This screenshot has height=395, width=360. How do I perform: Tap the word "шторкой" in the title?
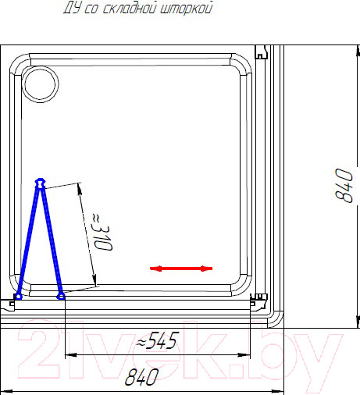point(187,8)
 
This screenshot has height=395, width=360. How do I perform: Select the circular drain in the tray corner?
point(40,84)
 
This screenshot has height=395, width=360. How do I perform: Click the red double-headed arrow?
point(181,269)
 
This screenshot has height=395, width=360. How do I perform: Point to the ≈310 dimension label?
point(102,232)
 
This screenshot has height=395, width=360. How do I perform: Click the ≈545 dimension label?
point(158,340)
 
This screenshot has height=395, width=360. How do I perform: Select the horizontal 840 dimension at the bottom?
point(141,377)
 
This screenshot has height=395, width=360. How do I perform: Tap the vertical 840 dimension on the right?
point(344,185)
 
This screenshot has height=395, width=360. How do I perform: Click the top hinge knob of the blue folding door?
point(40,183)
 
